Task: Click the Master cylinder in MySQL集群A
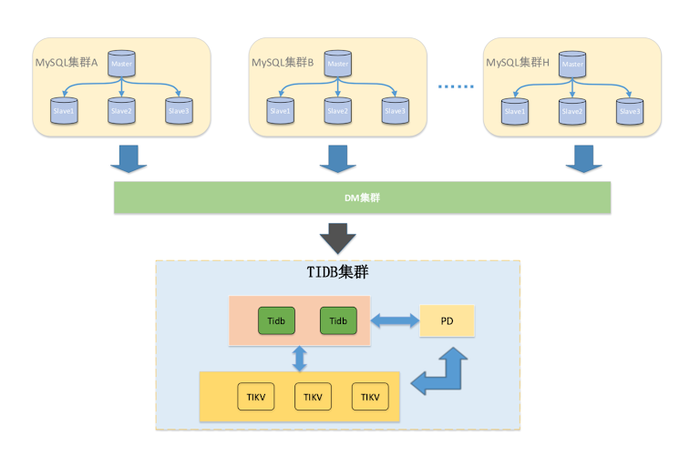120,64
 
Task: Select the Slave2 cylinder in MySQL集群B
337,111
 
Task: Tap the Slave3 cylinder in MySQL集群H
629,111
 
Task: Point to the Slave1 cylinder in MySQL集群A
65,111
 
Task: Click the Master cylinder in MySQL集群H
572,64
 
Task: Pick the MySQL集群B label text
283,63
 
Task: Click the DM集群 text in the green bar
362,197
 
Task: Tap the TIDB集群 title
337,272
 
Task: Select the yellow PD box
448,321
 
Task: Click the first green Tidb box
276,321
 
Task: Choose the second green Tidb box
338,321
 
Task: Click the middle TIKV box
313,397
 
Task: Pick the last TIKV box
370,397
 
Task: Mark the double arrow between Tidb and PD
394,321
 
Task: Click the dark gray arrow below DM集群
338,239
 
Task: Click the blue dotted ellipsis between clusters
457,87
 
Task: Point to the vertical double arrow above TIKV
299,359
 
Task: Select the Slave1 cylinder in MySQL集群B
280,111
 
